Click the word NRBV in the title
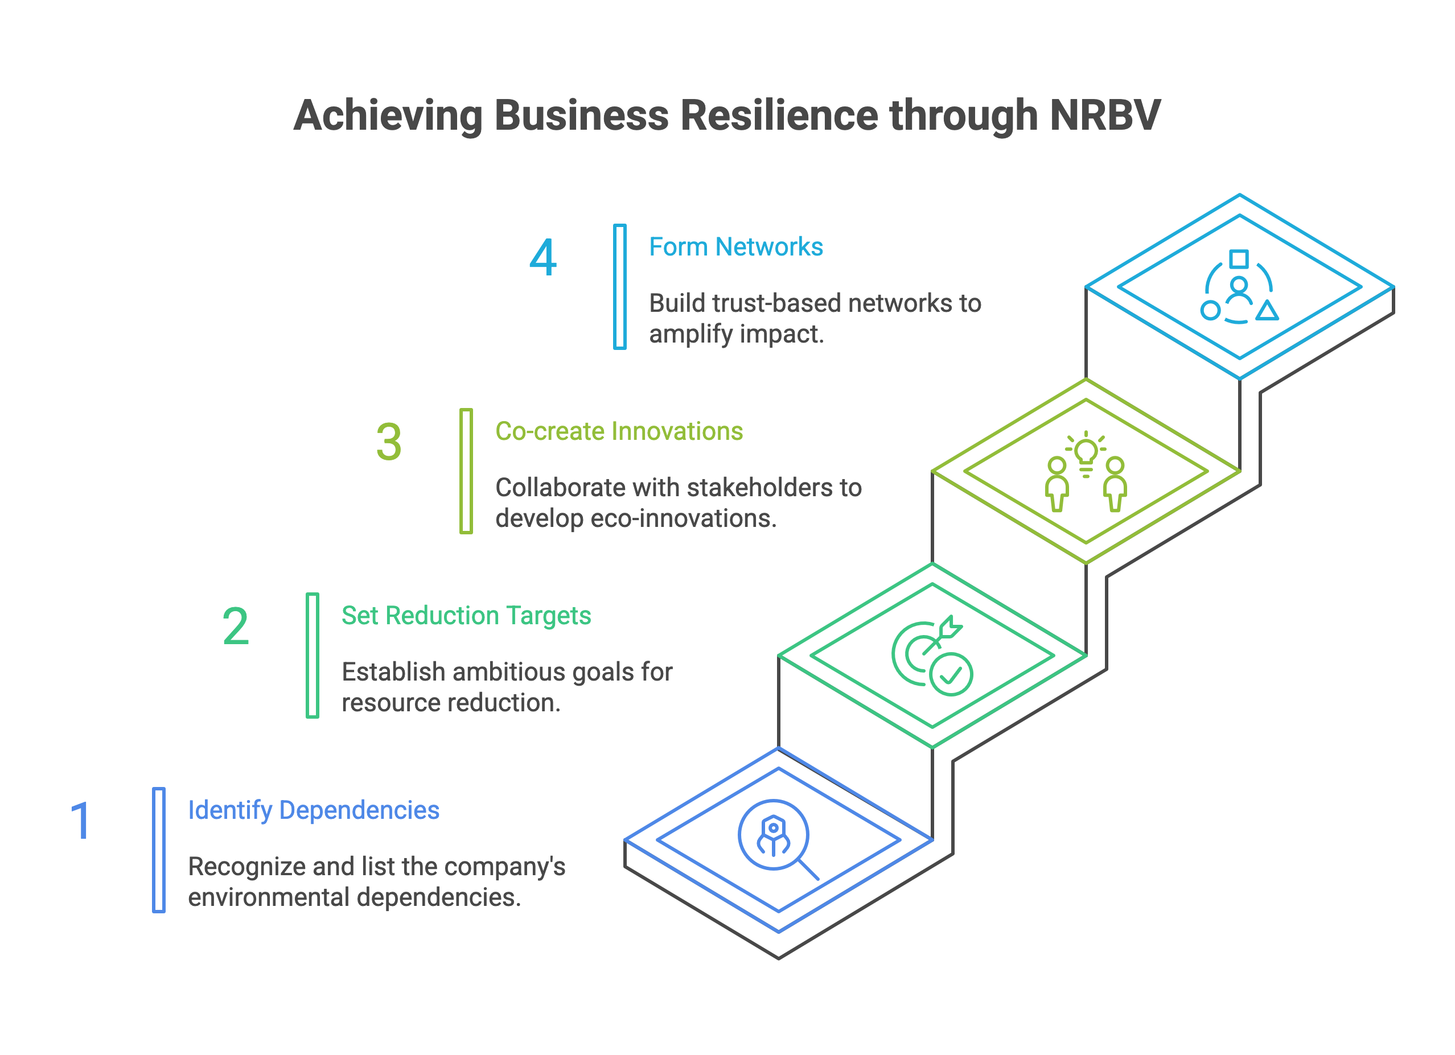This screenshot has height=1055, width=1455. point(1105,116)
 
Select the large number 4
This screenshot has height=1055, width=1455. point(542,258)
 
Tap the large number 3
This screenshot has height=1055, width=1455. point(389,442)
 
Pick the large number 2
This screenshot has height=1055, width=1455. point(236,627)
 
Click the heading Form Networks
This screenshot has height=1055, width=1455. point(735,247)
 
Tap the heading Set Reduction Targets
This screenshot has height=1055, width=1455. point(466,616)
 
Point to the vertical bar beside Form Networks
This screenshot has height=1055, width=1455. point(620,287)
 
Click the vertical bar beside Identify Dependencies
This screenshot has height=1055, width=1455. point(158,850)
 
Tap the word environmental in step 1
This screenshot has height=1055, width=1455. point(269,897)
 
